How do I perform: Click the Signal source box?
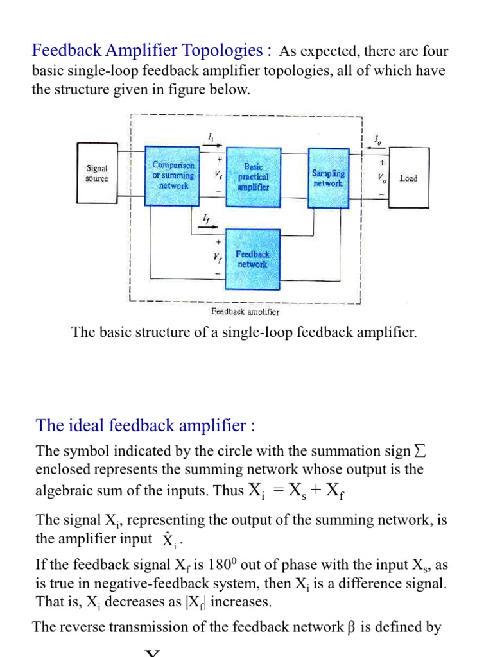coord(97,174)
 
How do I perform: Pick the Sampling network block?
coord(328,177)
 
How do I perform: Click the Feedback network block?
coord(253,259)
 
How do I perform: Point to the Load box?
coord(408,178)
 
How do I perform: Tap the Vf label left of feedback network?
coord(218,259)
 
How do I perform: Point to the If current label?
coord(205,219)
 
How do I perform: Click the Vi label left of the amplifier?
coord(218,175)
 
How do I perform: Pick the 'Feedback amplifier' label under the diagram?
coord(245,312)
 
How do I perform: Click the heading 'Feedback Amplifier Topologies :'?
coord(152,51)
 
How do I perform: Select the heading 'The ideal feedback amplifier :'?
coord(146,425)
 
